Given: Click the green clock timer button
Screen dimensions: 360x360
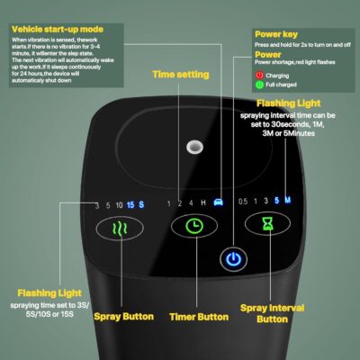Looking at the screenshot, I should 193,227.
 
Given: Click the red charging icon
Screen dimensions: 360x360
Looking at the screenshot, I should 261,75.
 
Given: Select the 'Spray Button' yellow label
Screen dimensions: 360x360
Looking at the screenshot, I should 121,317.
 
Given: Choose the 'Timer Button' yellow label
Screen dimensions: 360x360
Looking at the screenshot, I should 198,317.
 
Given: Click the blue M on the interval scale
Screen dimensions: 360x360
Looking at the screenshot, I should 288,201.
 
